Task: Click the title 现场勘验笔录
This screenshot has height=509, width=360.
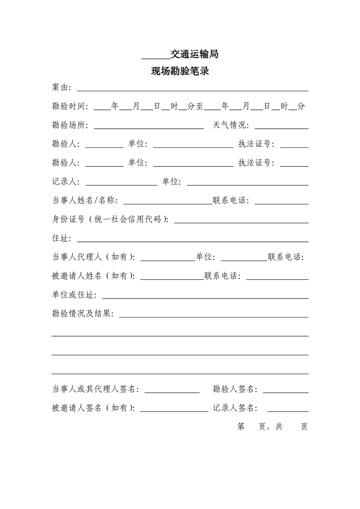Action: tap(180, 71)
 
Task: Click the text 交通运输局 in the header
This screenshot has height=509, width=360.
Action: tap(194, 54)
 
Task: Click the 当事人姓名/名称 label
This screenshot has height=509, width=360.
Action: tap(85, 201)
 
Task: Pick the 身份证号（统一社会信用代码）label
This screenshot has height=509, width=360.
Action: tap(110, 220)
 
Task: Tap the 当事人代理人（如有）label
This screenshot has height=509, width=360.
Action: tap(93, 258)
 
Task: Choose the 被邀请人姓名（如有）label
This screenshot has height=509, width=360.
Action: tap(93, 276)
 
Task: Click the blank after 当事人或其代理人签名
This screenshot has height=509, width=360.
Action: tap(172, 391)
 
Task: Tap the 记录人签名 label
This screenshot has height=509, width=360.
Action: tap(235, 408)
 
